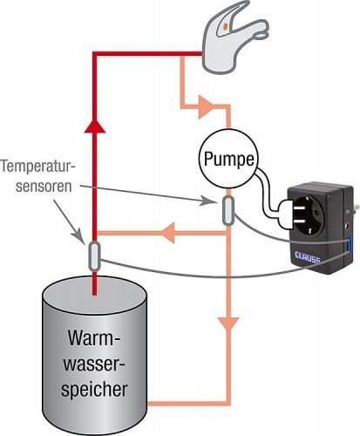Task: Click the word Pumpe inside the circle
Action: click(228, 160)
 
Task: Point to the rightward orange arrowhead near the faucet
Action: click(206, 107)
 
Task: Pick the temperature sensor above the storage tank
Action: click(94, 256)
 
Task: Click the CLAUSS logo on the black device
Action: click(308, 257)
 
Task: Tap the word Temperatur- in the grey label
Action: click(38, 167)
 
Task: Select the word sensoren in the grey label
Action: click(44, 187)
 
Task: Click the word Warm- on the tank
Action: click(94, 337)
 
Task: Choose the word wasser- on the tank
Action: click(94, 364)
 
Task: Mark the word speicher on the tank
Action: click(94, 389)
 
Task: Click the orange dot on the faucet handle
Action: click(225, 27)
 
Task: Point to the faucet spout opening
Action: click(262, 36)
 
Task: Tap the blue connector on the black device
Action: click(348, 244)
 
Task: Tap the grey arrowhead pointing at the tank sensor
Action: click(79, 235)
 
